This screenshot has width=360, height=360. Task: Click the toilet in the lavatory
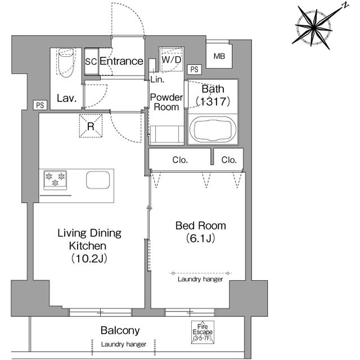(x=66, y=62)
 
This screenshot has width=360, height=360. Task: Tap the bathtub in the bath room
(x=213, y=129)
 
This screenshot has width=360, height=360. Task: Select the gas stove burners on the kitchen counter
(x=55, y=180)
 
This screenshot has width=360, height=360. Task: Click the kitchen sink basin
(x=98, y=180)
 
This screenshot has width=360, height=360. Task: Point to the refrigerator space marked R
(x=91, y=126)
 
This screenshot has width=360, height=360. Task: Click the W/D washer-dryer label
(x=171, y=60)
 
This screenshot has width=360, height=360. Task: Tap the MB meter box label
(x=219, y=56)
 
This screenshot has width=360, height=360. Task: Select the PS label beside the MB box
(x=195, y=69)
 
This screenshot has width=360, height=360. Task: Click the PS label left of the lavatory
(x=40, y=105)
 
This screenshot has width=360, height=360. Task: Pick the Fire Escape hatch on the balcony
(x=202, y=332)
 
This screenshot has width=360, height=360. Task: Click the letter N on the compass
(x=345, y=6)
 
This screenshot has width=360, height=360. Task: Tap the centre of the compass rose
(x=314, y=28)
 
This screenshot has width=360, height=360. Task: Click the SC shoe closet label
(x=91, y=61)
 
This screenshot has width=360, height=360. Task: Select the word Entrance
(x=121, y=61)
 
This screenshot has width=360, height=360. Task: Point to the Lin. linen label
(x=157, y=79)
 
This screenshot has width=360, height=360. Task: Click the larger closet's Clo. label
(x=180, y=160)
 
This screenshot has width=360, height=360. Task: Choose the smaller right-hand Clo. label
(x=229, y=160)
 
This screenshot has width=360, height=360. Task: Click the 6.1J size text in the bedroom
(x=201, y=238)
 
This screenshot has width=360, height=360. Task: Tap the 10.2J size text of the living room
(x=89, y=259)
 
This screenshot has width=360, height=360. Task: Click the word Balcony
(x=120, y=331)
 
